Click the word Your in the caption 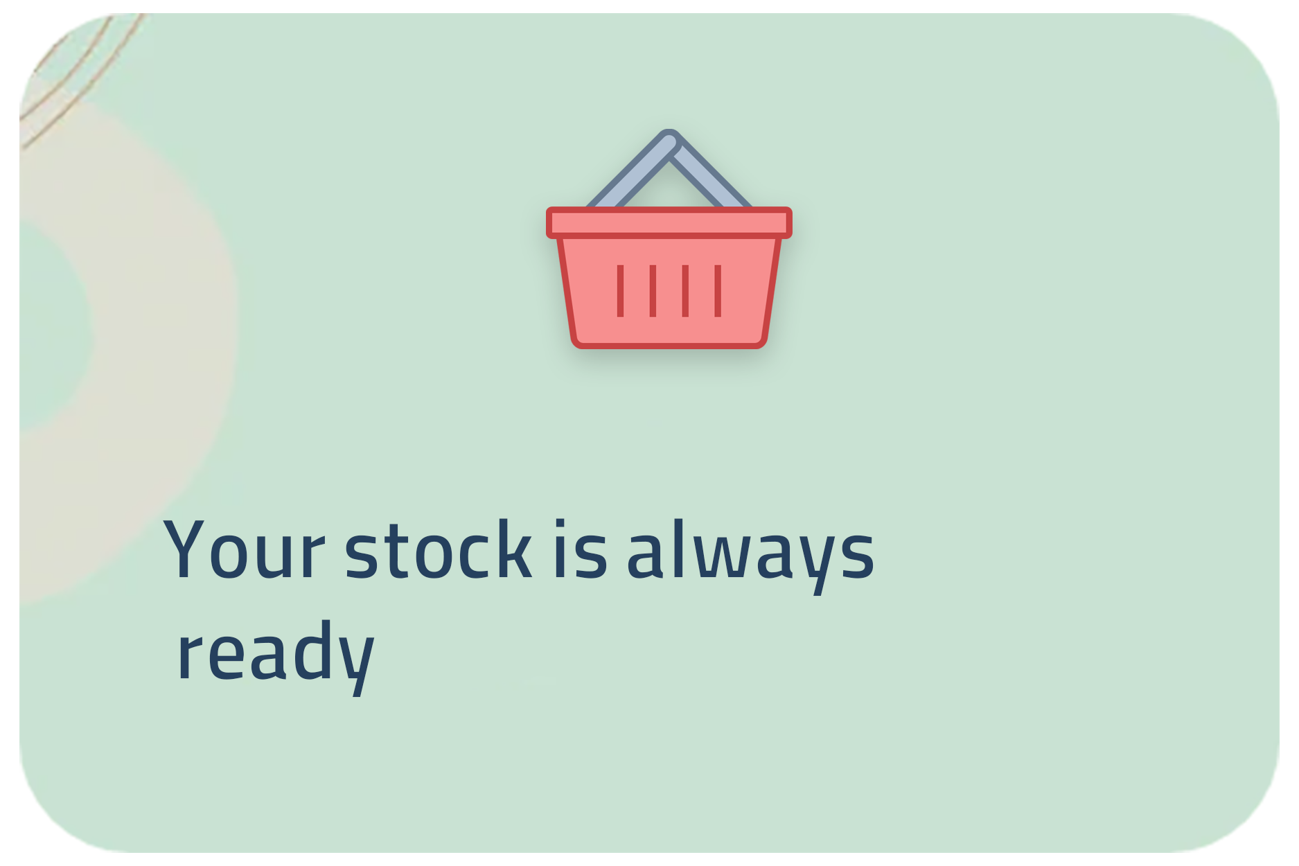[244, 548]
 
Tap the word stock [438, 548]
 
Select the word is [580, 548]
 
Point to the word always [750, 554]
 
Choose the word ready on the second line [276, 655]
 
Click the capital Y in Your [188, 548]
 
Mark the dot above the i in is [560, 523]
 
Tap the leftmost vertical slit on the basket [620, 291]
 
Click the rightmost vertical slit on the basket [718, 291]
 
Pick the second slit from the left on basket [653, 291]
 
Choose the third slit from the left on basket [685, 291]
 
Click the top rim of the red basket [669, 222]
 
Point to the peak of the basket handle [669, 136]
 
